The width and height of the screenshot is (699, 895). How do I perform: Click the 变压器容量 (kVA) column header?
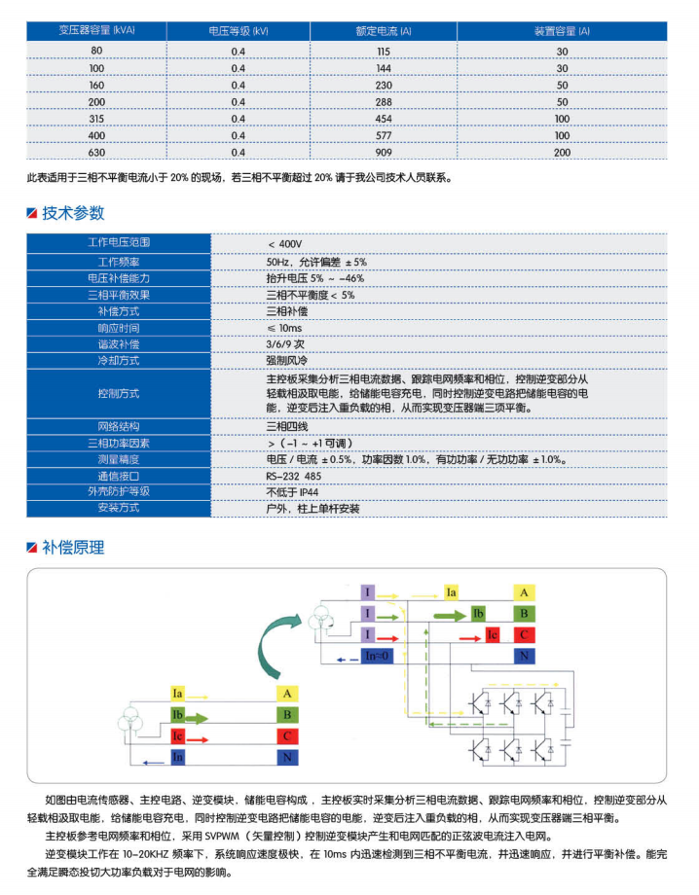tap(96, 31)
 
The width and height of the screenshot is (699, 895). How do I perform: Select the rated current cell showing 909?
tap(384, 153)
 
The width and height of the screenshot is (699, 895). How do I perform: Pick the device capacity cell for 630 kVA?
tap(562, 153)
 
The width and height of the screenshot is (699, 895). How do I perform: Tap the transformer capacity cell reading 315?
tap(96, 119)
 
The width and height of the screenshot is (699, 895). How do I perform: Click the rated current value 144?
tap(384, 68)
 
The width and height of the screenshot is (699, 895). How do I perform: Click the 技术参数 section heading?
tap(73, 213)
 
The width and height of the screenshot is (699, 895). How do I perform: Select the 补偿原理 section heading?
tap(73, 547)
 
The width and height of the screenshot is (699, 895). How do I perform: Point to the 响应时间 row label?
tap(118, 328)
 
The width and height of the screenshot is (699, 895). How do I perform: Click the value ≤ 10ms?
tap(285, 328)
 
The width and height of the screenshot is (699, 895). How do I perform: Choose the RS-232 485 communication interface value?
tap(292, 476)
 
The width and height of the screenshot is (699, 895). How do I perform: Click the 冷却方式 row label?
tap(118, 360)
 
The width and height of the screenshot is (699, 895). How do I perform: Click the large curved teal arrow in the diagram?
tap(267, 650)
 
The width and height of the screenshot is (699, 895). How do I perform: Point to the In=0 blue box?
tap(376, 657)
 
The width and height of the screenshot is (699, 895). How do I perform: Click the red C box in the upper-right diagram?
tap(524, 635)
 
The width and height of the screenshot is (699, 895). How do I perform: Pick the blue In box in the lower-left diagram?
tap(177, 756)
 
